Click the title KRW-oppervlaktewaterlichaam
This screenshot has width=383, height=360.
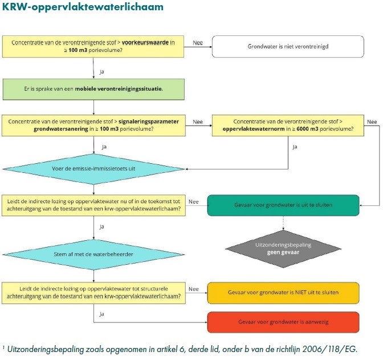(x=83, y=7)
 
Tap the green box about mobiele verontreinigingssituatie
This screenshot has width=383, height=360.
(x=93, y=88)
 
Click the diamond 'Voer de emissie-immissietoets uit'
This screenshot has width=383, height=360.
(x=93, y=169)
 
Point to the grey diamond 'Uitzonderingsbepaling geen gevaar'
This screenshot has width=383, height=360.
(x=283, y=248)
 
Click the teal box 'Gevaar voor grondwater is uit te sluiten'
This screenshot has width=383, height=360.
(x=283, y=204)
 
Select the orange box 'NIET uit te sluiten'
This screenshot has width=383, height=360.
(x=283, y=292)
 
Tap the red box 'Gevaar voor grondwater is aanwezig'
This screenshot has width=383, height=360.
(x=283, y=322)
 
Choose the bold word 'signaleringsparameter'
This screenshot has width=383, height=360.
(x=146, y=122)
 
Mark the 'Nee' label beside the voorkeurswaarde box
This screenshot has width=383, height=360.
(x=198, y=42)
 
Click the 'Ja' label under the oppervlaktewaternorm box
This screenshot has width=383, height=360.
(x=295, y=147)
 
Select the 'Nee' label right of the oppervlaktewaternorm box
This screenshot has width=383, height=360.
(x=372, y=122)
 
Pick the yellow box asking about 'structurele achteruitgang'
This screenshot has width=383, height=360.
(x=93, y=292)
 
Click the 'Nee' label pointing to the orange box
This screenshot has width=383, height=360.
(x=194, y=289)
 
